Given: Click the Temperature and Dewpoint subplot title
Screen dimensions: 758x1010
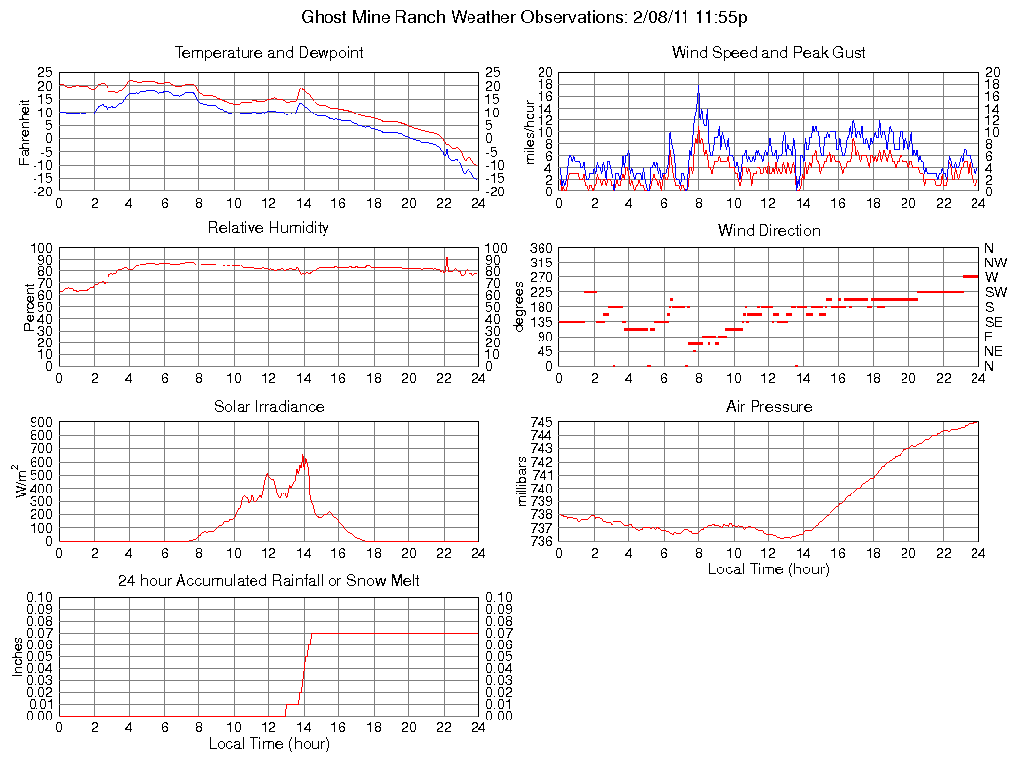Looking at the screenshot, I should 268,53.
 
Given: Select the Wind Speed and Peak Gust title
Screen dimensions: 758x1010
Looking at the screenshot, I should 768,53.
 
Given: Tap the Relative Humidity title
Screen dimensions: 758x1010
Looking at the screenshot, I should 268,228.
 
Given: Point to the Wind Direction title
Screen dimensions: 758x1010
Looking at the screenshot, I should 768,231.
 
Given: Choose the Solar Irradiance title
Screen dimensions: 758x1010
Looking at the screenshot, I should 268,407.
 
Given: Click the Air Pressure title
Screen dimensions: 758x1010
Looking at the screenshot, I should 768,407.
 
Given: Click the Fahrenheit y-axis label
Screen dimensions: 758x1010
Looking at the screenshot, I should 25,132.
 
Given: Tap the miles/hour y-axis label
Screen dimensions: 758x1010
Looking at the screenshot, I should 529,132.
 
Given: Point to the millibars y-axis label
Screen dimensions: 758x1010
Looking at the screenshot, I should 524,482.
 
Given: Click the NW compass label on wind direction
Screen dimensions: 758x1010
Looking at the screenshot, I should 994,263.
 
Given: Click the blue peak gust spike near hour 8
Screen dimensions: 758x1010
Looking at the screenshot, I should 698,92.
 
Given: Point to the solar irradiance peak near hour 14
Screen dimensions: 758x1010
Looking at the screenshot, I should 303,454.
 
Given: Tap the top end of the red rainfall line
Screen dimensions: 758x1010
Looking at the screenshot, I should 311,634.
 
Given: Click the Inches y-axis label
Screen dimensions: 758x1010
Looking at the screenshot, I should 17,656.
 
